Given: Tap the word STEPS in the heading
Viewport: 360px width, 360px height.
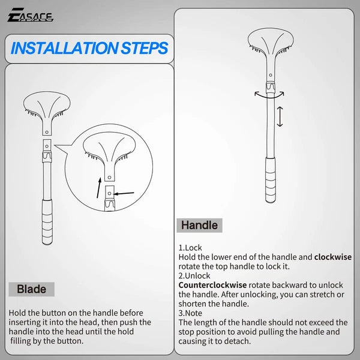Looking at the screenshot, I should [145, 48].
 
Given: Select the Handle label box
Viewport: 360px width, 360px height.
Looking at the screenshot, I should [200, 226].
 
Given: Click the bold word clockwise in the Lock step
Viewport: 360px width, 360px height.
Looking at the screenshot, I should [333, 257].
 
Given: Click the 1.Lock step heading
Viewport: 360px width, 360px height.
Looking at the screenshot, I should [190, 247].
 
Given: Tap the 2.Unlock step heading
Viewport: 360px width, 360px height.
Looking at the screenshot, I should [194, 276].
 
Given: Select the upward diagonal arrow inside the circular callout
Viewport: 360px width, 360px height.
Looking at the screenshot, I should [98, 187].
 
